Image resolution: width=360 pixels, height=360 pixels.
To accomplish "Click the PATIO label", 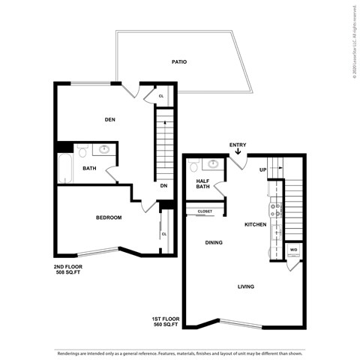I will pos(178,64).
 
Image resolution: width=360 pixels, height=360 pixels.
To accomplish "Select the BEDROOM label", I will pos(109,217).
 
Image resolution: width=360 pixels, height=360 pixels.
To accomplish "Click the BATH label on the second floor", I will pos(89,169).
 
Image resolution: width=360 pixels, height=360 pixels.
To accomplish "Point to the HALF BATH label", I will pos(203,184).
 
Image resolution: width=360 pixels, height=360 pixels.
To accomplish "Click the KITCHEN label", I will pos(256,224).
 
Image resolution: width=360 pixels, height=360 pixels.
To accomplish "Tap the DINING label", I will pos(215,242).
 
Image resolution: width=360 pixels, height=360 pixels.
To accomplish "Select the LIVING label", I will pos(246,286).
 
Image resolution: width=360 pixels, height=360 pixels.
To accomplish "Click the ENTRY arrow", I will pos(238,152).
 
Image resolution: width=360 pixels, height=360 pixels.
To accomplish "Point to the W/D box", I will pos(293,250).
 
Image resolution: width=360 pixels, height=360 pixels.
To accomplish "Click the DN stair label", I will pos(163,185).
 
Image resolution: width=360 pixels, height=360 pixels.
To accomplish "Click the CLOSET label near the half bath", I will pos(205,211).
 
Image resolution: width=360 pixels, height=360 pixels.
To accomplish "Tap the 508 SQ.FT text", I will pos(67,273).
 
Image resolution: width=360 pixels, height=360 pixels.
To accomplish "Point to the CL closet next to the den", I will pos(163,96).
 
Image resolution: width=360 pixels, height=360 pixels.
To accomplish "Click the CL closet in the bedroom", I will pos(163,233).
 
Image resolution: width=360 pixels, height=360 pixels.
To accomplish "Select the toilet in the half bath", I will pos(193,166).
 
